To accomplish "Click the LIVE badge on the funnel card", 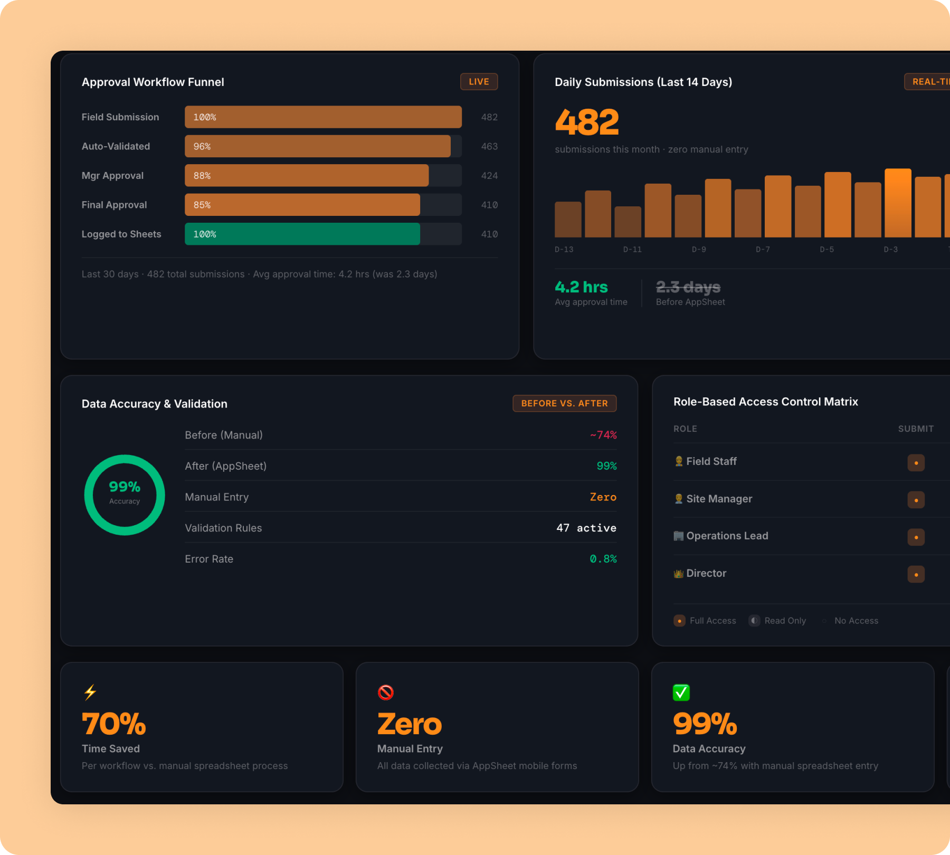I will (x=479, y=82).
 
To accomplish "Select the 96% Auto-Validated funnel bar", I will (x=317, y=146).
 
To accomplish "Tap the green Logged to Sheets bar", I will (x=302, y=234).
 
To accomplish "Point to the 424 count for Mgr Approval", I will (x=489, y=176).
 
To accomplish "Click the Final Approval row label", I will (x=114, y=205).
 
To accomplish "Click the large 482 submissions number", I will (x=586, y=122).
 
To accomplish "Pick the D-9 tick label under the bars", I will (x=699, y=249).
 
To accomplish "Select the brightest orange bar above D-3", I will (x=898, y=203).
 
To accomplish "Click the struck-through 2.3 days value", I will (x=688, y=287).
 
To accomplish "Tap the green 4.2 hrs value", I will (x=581, y=287).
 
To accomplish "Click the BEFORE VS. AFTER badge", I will (x=564, y=403).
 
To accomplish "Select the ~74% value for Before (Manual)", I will (x=603, y=435).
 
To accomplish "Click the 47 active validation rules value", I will (x=586, y=528).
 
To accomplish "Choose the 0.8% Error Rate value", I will (x=603, y=559).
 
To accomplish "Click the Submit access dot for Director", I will (x=916, y=574).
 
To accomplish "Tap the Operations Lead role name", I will (x=727, y=536).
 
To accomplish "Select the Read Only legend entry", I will (x=778, y=621).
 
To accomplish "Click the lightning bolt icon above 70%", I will (x=90, y=692).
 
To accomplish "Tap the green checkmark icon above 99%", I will (x=681, y=692).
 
